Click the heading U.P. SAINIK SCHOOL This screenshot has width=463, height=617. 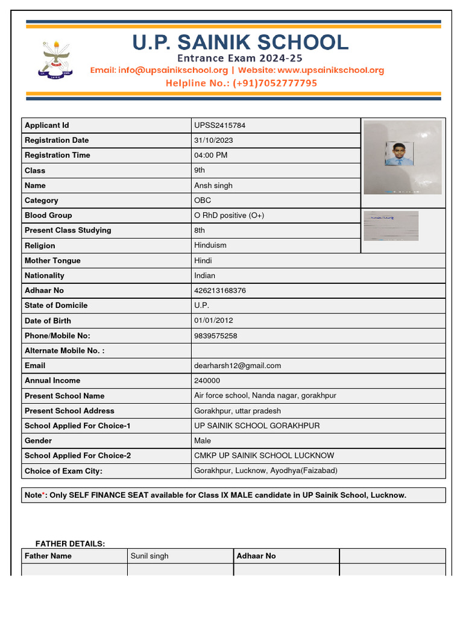tap(240, 43)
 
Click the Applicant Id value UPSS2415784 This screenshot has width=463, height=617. tap(219, 125)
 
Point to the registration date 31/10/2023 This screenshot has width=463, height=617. tap(213, 140)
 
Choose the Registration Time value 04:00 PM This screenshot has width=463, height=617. tap(211, 155)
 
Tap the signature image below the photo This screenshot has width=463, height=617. tap(391, 226)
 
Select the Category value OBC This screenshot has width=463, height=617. tap(203, 201)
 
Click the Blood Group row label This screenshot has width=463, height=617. tap(48, 216)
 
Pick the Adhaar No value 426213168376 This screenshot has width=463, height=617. tap(220, 290)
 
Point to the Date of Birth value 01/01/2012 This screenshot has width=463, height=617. tap(213, 321)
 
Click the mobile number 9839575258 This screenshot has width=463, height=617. tap(216, 336)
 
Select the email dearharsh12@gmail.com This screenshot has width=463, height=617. tap(238, 366)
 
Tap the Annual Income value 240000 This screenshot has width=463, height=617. tap(207, 381)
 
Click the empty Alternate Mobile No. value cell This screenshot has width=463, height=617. tap(318, 351)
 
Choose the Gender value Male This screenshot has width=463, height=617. tap(203, 441)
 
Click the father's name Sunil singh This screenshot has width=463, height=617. tap(150, 556)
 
